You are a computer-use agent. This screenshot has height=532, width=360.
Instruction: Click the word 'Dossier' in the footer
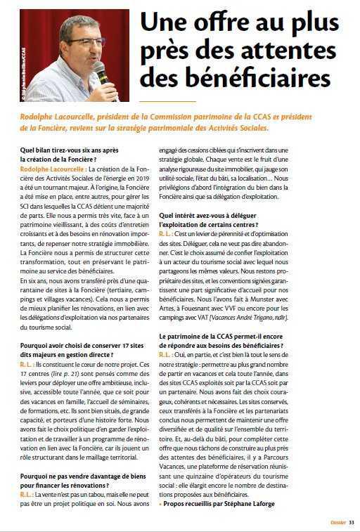pyautogui.click(x=337, y=522)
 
